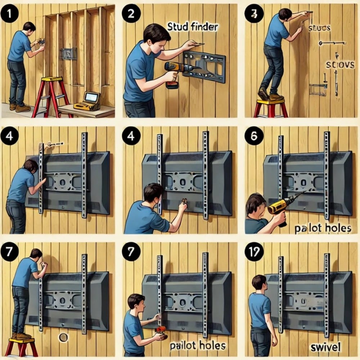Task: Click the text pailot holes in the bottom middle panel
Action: click(198, 346)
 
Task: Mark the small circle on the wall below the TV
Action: click(63, 338)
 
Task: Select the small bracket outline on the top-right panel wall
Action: click(318, 90)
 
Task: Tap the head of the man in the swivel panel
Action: click(259, 282)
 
